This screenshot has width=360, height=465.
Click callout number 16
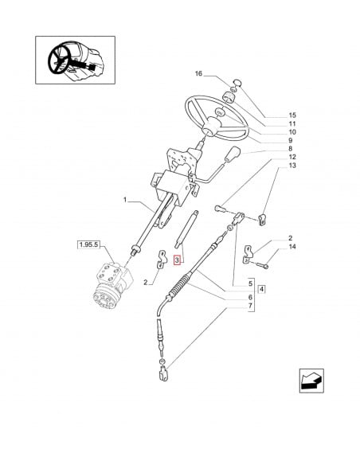[x=198, y=74]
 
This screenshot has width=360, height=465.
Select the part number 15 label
[x=270, y=115]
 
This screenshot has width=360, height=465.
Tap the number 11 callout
[x=270, y=125]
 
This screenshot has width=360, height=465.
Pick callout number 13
[x=270, y=188]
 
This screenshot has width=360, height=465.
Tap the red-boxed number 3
[x=179, y=260]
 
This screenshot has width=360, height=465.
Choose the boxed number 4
[x=262, y=287]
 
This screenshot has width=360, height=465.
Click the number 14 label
[x=270, y=249]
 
